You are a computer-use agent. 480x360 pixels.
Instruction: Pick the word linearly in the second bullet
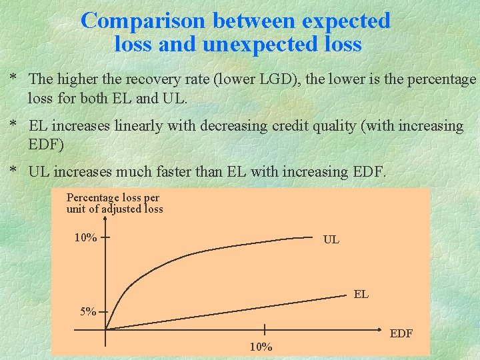157,126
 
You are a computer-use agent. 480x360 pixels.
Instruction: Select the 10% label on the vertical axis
85,238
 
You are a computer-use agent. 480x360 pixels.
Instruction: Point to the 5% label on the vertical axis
87,311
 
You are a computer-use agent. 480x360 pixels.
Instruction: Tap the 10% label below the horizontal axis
261,347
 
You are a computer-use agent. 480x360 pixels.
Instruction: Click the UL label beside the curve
331,239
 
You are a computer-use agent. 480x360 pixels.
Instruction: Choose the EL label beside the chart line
361,294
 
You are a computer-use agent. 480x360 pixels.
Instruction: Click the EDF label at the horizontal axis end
401,333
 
